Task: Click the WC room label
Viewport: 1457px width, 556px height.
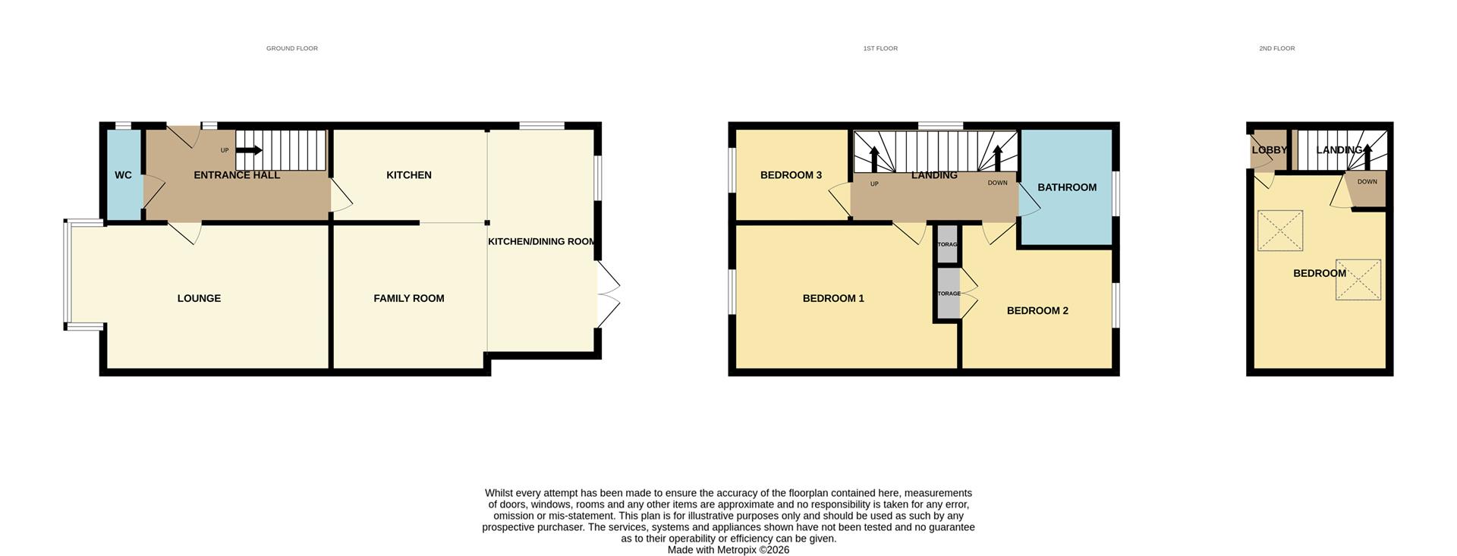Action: pyautogui.click(x=123, y=175)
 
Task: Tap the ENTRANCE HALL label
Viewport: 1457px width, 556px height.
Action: pyautogui.click(x=237, y=175)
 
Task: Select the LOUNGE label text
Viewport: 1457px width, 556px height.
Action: pyautogui.click(x=199, y=298)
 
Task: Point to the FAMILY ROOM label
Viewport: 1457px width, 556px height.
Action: pyautogui.click(x=408, y=298)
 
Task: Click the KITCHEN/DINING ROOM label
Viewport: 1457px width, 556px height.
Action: pyautogui.click(x=541, y=241)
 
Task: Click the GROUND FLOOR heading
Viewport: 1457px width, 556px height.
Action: pyautogui.click(x=291, y=49)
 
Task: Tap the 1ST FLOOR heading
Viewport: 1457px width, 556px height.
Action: pyautogui.click(x=880, y=49)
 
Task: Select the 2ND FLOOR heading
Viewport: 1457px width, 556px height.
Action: pyautogui.click(x=1276, y=49)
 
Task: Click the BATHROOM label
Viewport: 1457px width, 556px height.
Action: pyautogui.click(x=1066, y=187)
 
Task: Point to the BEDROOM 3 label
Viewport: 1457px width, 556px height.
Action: pyautogui.click(x=791, y=175)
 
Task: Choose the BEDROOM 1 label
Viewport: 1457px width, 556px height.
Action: pyautogui.click(x=833, y=298)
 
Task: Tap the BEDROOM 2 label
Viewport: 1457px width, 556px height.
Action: pyautogui.click(x=1037, y=310)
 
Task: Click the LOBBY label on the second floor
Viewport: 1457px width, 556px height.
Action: pyautogui.click(x=1269, y=150)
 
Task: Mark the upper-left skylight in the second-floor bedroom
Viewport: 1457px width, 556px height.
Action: pyautogui.click(x=1280, y=231)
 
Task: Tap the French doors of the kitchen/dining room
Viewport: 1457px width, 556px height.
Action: pyautogui.click(x=609, y=295)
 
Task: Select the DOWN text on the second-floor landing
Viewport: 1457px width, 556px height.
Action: pyautogui.click(x=1367, y=182)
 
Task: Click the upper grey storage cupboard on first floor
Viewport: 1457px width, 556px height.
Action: pyautogui.click(x=947, y=244)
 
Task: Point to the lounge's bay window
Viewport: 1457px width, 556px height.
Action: pyautogui.click(x=67, y=275)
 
